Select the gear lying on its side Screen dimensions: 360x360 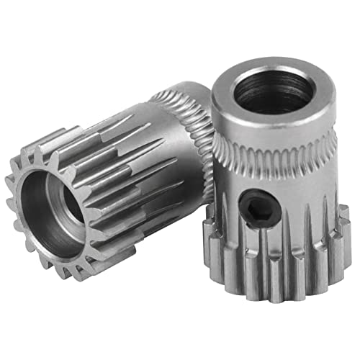[108, 187]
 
